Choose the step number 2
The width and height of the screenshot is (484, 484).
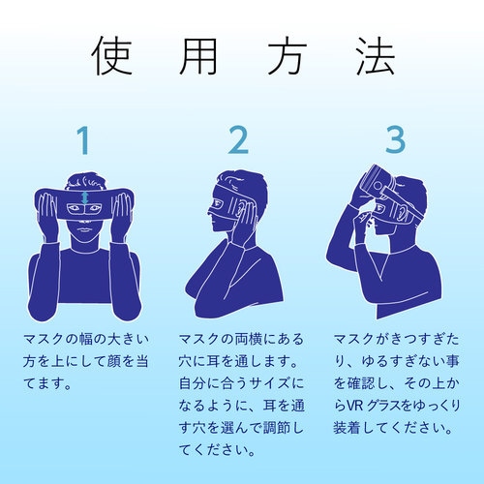[238, 141]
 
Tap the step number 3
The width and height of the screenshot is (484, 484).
[394, 141]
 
